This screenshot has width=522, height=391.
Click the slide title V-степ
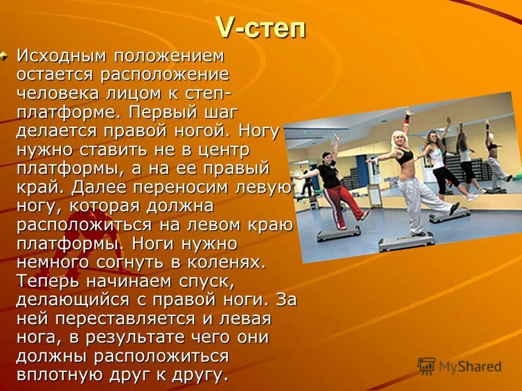(x=261, y=28)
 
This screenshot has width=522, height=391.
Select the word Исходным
(x=60, y=55)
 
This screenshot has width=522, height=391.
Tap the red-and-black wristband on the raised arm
(x=407, y=118)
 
